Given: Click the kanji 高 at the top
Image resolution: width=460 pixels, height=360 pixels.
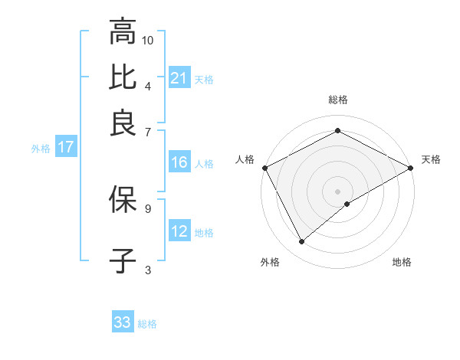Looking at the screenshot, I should (x=123, y=33).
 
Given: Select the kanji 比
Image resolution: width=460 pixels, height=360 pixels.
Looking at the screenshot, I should (x=123, y=77).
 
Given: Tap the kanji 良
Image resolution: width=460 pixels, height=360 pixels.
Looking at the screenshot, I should (x=123, y=123).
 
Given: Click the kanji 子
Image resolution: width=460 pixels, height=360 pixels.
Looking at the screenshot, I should (x=123, y=260).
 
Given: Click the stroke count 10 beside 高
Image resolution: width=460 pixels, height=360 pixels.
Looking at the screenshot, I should (x=148, y=40).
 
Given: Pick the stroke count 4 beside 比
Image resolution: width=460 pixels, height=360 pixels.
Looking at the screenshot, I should (x=148, y=85).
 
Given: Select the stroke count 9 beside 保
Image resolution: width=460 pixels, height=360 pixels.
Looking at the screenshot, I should (x=148, y=207).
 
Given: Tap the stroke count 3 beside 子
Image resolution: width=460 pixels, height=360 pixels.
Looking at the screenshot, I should (x=148, y=269).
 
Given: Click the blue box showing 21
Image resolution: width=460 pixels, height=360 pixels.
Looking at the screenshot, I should (x=179, y=78).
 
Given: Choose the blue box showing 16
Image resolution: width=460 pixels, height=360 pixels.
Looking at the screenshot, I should (x=179, y=162).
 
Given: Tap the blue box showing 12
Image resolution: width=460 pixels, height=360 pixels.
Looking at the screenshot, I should (x=179, y=231).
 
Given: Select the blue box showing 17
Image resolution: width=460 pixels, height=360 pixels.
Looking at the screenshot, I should (x=65, y=147).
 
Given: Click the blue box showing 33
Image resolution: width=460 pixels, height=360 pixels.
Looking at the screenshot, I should (x=123, y=322).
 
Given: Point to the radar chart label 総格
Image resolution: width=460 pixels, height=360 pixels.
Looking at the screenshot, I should (x=338, y=100).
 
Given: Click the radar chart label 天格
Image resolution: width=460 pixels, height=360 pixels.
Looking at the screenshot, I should (x=431, y=159).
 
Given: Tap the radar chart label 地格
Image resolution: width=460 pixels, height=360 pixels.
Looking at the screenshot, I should (x=402, y=263).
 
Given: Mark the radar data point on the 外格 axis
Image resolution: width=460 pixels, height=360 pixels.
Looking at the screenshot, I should (x=302, y=242).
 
